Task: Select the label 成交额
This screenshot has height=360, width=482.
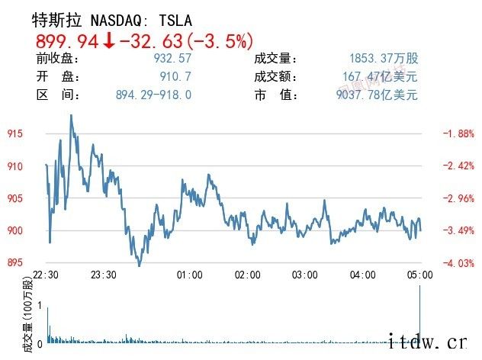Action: click(271, 77)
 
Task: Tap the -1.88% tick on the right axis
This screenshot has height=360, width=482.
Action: click(458, 134)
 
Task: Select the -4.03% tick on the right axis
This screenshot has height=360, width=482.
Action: click(458, 263)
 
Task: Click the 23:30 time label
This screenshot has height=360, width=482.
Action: click(103, 275)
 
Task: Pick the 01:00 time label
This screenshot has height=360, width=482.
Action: click(189, 275)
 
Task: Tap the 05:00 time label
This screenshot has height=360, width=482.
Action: click(420, 275)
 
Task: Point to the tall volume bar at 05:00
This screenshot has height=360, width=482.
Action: click(420, 313)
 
